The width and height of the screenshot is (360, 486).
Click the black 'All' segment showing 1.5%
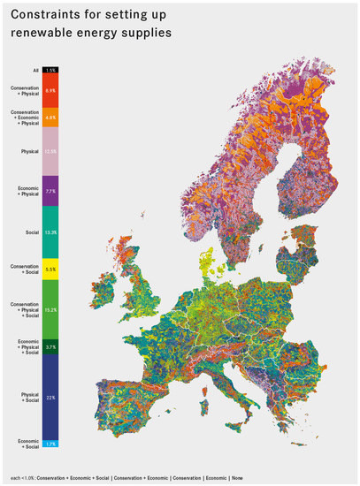[x=50, y=70]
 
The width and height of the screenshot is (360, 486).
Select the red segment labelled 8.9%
[x=50, y=90]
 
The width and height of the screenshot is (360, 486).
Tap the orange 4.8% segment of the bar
[x=50, y=117]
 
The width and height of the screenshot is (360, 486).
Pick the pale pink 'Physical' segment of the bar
[x=50, y=151]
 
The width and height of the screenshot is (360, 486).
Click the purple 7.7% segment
[x=50, y=191]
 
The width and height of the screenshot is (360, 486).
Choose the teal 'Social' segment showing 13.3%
[x=50, y=232]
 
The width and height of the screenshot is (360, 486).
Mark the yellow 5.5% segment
[x=50, y=269]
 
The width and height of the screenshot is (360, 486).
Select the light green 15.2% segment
[x=50, y=309]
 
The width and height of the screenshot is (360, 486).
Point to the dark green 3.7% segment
[x=50, y=347]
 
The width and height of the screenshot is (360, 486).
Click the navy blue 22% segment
[x=50, y=398]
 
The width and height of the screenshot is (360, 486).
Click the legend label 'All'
[x=35, y=70]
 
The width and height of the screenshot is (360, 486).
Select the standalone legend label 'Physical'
[x=29, y=151]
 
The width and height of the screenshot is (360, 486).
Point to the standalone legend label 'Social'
[x=32, y=232]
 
